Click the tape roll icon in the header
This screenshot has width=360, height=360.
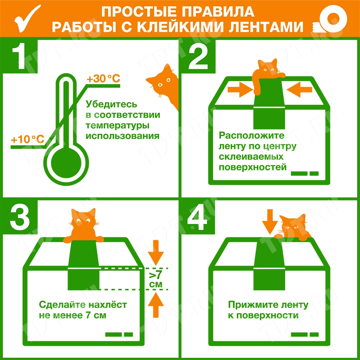[x=330, y=19]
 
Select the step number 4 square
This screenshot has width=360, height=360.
[x=198, y=218]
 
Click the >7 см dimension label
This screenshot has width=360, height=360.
[x=156, y=280]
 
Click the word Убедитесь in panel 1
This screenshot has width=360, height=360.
[x=111, y=104]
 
